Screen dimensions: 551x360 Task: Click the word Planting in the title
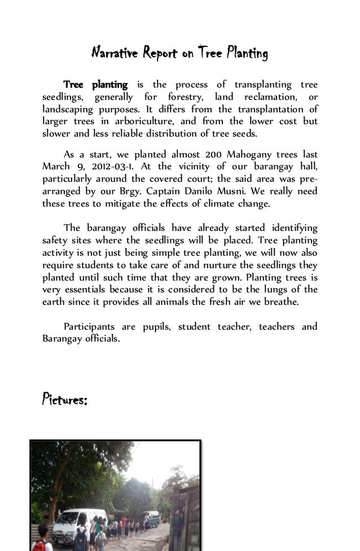[246, 54]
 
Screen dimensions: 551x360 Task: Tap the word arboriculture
[161, 122]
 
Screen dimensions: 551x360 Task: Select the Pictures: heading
[64, 401]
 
